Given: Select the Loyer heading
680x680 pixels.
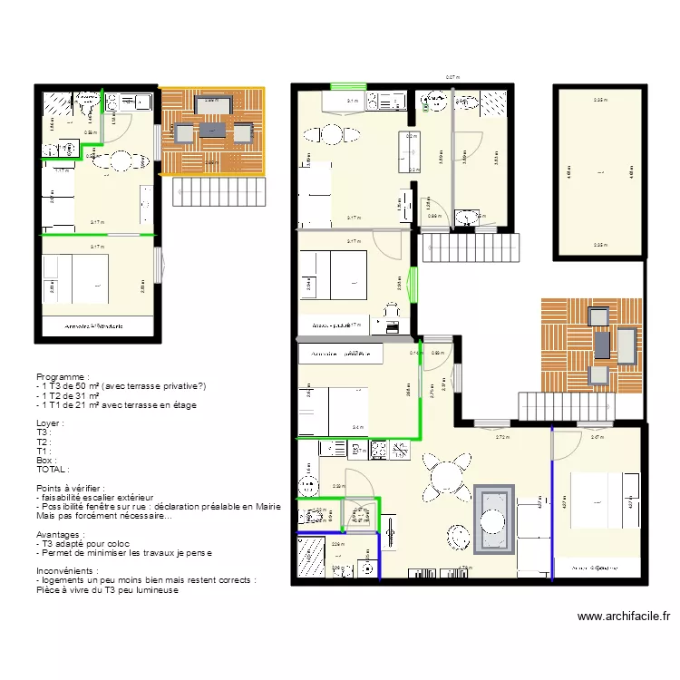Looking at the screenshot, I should [50, 423].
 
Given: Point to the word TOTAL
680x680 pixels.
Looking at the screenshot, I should [52, 470].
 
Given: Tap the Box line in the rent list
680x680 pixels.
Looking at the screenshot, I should [44, 461].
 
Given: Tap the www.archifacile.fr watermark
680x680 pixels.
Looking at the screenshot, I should [624, 617].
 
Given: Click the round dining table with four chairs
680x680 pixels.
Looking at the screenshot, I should [445, 477].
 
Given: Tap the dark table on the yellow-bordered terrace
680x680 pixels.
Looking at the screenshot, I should [211, 132].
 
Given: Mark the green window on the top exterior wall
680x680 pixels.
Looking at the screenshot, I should [347, 86].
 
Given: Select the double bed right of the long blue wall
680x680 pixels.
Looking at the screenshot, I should [598, 501].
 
